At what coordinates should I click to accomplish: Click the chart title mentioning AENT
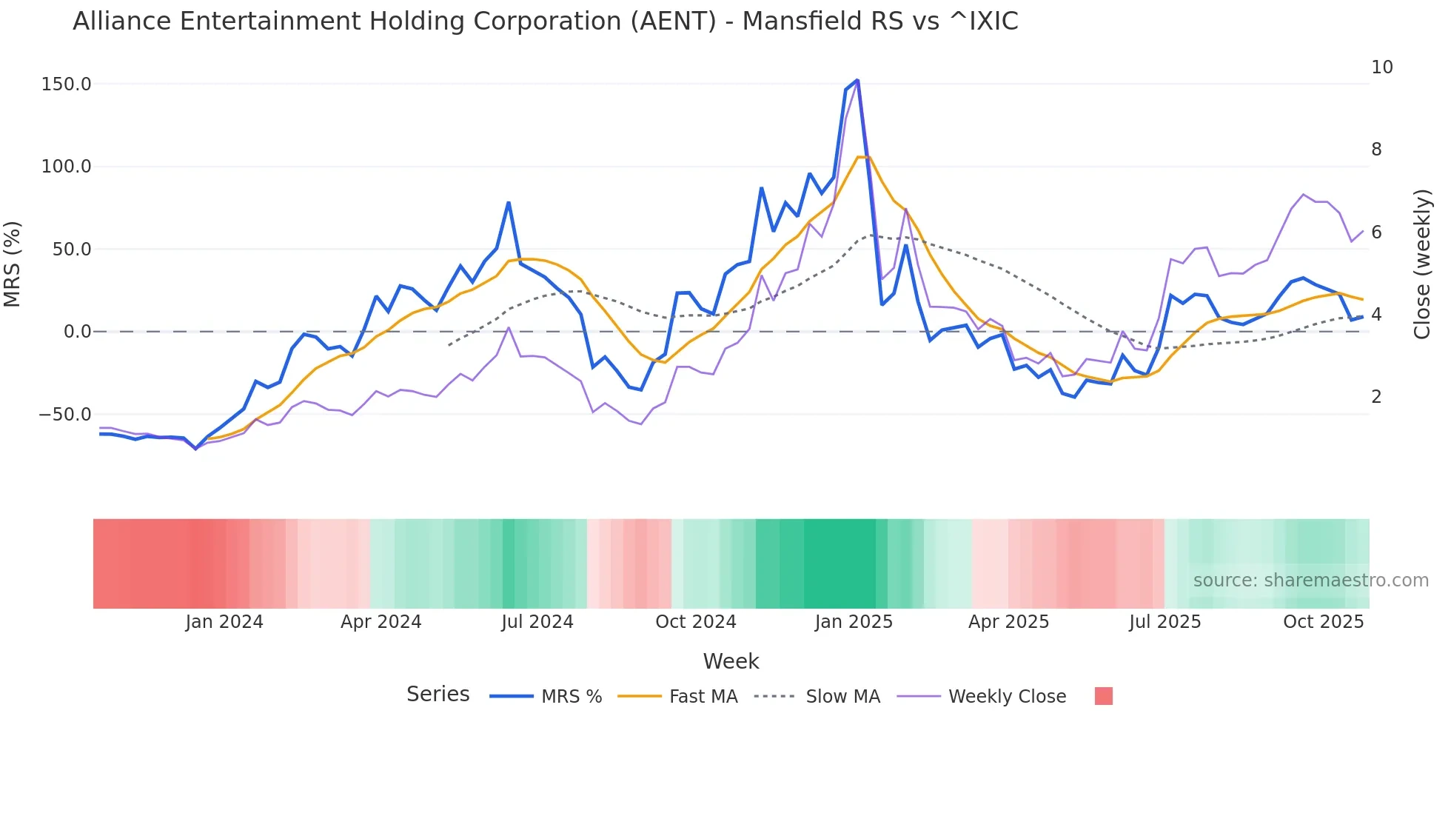pyautogui.click(x=545, y=21)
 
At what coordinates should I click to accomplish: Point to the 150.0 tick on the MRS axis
pyautogui.click(x=67, y=84)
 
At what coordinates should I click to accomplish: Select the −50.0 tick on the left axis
pyautogui.click(x=65, y=415)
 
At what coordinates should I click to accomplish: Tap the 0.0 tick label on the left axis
pyautogui.click(x=77, y=332)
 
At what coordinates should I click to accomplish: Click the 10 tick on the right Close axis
pyautogui.click(x=1381, y=67)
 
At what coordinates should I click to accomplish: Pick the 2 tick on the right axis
pyautogui.click(x=1376, y=397)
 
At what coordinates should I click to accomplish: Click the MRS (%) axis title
pyautogui.click(x=13, y=264)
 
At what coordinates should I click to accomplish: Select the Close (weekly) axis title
pyautogui.click(x=1422, y=264)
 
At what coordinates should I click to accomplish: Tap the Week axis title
pyautogui.click(x=731, y=661)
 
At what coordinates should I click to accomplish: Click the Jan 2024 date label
pyautogui.click(x=224, y=622)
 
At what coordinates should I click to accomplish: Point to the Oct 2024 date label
pyautogui.click(x=695, y=622)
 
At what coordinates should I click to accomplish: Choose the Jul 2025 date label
pyautogui.click(x=1165, y=622)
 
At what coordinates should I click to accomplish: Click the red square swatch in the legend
pyautogui.click(x=1103, y=696)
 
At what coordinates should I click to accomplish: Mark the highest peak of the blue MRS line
pyautogui.click(x=857, y=80)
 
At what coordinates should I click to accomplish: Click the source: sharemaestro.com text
pyautogui.click(x=1310, y=581)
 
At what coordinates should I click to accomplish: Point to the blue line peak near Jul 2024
pyautogui.click(x=509, y=202)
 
